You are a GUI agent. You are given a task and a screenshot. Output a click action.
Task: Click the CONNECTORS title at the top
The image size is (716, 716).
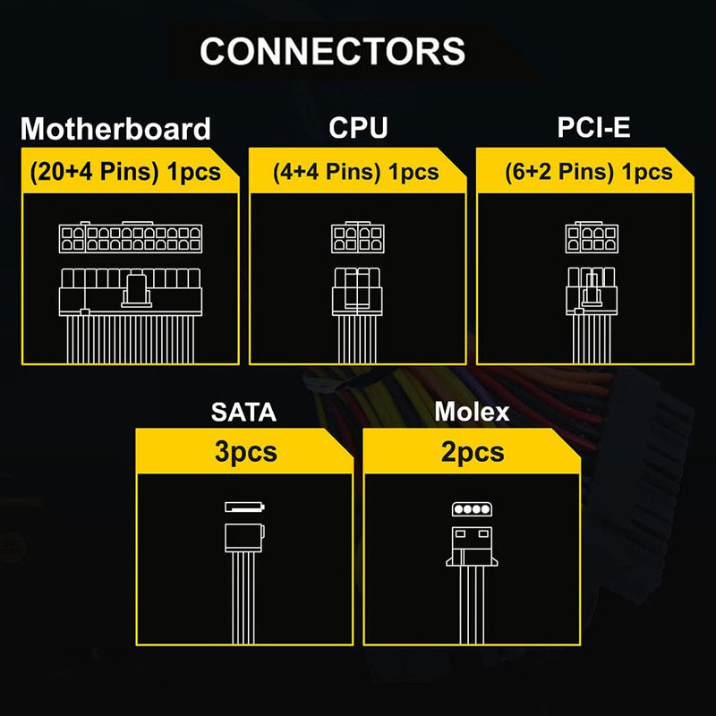coord(332,51)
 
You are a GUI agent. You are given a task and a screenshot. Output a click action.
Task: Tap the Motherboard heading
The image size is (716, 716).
coord(115,128)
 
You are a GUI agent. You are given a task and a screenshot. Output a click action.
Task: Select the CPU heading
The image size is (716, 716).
coord(358,127)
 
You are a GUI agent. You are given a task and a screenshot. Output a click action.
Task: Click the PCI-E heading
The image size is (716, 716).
coord(593,127)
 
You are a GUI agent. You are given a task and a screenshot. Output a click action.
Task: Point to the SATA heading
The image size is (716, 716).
coord(243,412)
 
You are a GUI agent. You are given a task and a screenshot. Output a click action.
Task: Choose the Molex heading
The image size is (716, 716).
coord(472,412)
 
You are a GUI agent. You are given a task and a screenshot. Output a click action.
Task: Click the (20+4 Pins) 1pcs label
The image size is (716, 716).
coord(125,172)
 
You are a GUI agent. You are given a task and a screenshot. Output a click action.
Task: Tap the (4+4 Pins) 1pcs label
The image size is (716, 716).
coord(355,172)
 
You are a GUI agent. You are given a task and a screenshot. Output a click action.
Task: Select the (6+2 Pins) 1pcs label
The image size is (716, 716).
coord(589,172)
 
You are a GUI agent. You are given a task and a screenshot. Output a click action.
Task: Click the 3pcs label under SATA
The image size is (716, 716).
coord(245,452)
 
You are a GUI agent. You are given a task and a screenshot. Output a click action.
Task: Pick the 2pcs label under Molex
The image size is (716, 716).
coord(473,452)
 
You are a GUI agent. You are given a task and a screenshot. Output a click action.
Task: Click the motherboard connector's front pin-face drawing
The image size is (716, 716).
coord(131,237)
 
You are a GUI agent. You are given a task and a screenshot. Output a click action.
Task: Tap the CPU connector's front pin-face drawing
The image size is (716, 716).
coord(358,237)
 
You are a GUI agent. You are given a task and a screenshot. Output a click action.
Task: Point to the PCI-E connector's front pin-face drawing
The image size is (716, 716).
coord(592,237)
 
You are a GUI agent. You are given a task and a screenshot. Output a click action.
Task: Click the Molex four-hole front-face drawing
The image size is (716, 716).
coord(473,509)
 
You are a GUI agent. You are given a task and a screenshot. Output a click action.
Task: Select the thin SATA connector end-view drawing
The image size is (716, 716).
coord(244,507)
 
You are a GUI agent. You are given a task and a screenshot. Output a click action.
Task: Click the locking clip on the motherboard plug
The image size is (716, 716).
coord(137,290)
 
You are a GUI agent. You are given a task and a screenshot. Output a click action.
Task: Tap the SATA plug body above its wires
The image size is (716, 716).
coord(244,538)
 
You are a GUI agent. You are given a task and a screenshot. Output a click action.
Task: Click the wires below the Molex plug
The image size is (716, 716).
coord(473,605)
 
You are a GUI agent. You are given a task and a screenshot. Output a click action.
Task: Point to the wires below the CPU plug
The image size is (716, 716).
coord(357,339)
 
